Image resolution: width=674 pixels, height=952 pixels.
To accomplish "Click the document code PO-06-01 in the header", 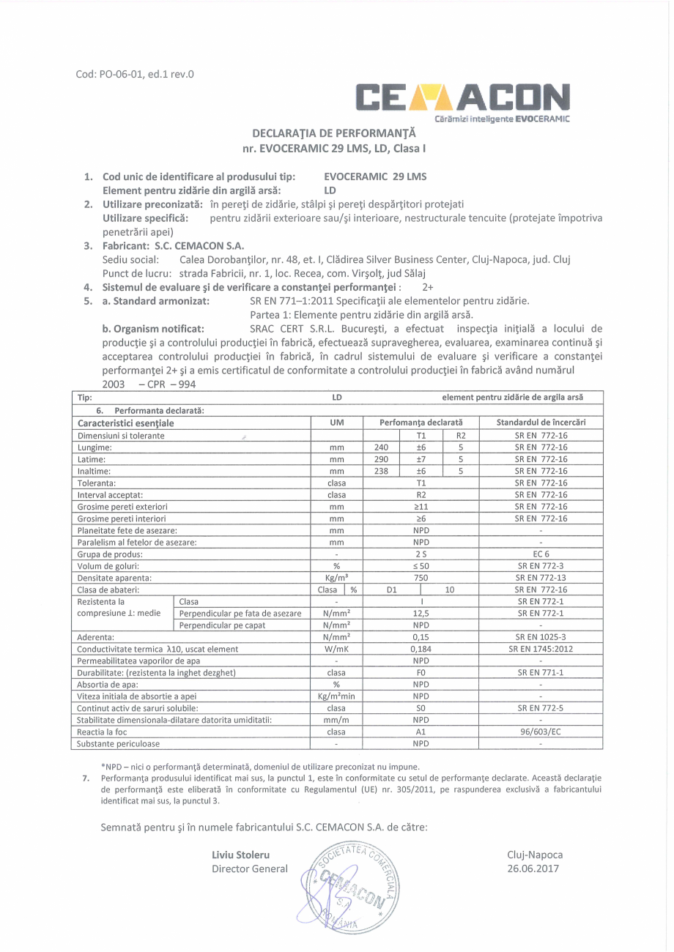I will click(x=135, y=73).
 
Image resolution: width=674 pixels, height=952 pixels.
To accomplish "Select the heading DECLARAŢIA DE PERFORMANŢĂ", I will click(x=333, y=134).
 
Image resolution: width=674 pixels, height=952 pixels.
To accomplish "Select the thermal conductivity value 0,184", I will click(x=421, y=649).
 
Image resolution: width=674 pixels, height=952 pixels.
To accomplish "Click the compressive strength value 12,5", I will click(x=421, y=613).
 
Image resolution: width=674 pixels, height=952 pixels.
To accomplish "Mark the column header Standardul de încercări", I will click(x=541, y=423).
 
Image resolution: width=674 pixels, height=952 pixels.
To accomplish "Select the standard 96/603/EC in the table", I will click(x=541, y=732).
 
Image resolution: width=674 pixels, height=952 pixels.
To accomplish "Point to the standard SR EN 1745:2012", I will click(x=541, y=649).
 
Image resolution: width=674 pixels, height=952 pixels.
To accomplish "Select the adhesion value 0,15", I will click(x=421, y=637).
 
